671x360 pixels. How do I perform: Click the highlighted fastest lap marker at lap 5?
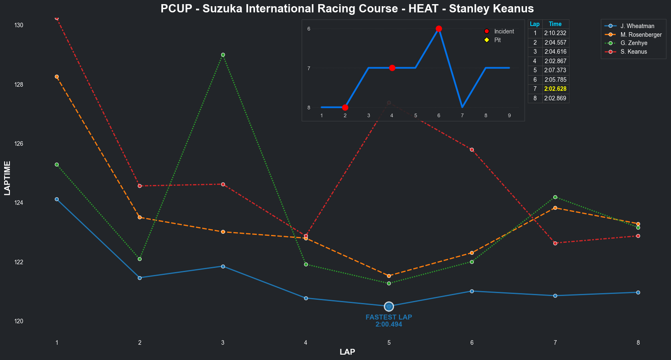[x=389, y=306]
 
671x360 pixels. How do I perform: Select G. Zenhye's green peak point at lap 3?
[x=223, y=54]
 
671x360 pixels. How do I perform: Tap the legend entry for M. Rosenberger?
[x=640, y=35]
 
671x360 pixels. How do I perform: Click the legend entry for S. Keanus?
[x=633, y=52]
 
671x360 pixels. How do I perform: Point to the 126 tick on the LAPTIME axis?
[x=19, y=144]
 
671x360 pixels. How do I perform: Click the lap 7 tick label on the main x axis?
[x=555, y=343]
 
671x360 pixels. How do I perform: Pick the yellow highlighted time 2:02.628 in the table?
[x=555, y=89]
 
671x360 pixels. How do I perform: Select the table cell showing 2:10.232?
[x=555, y=33]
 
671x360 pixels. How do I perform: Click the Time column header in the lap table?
[x=555, y=24]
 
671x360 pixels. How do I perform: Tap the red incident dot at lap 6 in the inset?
[x=439, y=28]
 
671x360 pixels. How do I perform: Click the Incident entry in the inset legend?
[x=504, y=31]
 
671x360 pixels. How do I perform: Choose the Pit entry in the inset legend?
[x=497, y=40]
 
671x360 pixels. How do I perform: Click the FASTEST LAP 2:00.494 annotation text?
[x=389, y=321]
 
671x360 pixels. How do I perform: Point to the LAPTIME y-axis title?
[x=7, y=178]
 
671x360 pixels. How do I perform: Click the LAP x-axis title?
[x=347, y=352]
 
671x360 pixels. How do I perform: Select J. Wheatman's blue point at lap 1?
[x=57, y=199]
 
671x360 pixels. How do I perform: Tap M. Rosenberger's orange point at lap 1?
[x=57, y=76]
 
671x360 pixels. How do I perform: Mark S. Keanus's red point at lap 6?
[x=472, y=149]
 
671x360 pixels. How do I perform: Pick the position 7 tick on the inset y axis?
[x=309, y=68]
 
